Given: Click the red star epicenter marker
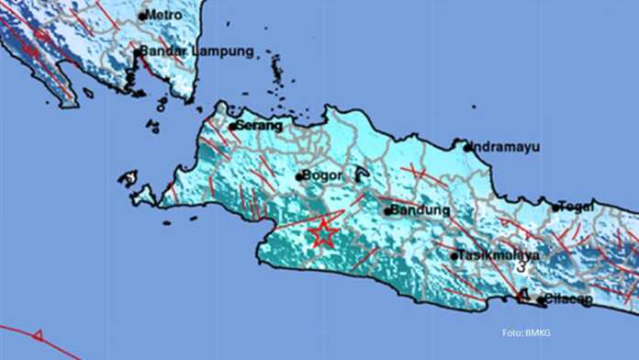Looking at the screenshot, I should tap(323, 233).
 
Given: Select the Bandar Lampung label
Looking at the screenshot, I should tap(197, 52).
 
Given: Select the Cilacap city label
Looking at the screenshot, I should tap(568, 298).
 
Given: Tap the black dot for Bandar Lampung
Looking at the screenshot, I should tap(137, 52).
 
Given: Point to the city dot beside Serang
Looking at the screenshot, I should tap(232, 126).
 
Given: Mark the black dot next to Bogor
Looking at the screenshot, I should tap(300, 175).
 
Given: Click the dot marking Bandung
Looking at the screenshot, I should tap(387, 210).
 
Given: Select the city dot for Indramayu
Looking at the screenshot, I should tap(466, 147).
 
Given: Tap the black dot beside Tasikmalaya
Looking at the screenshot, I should tap(454, 255).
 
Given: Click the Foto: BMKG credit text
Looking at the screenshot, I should tap(526, 332).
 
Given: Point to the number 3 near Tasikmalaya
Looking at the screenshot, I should tap(521, 267).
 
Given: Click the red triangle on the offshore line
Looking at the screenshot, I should tap(38, 336).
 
